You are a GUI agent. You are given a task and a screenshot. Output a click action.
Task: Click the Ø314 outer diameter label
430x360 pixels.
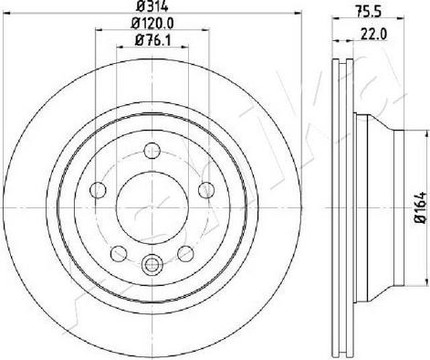point(152,10)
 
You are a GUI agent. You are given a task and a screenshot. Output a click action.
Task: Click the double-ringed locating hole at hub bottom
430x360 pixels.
point(152,267)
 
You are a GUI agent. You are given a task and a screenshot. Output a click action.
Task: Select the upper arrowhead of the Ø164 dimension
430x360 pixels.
point(407,136)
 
